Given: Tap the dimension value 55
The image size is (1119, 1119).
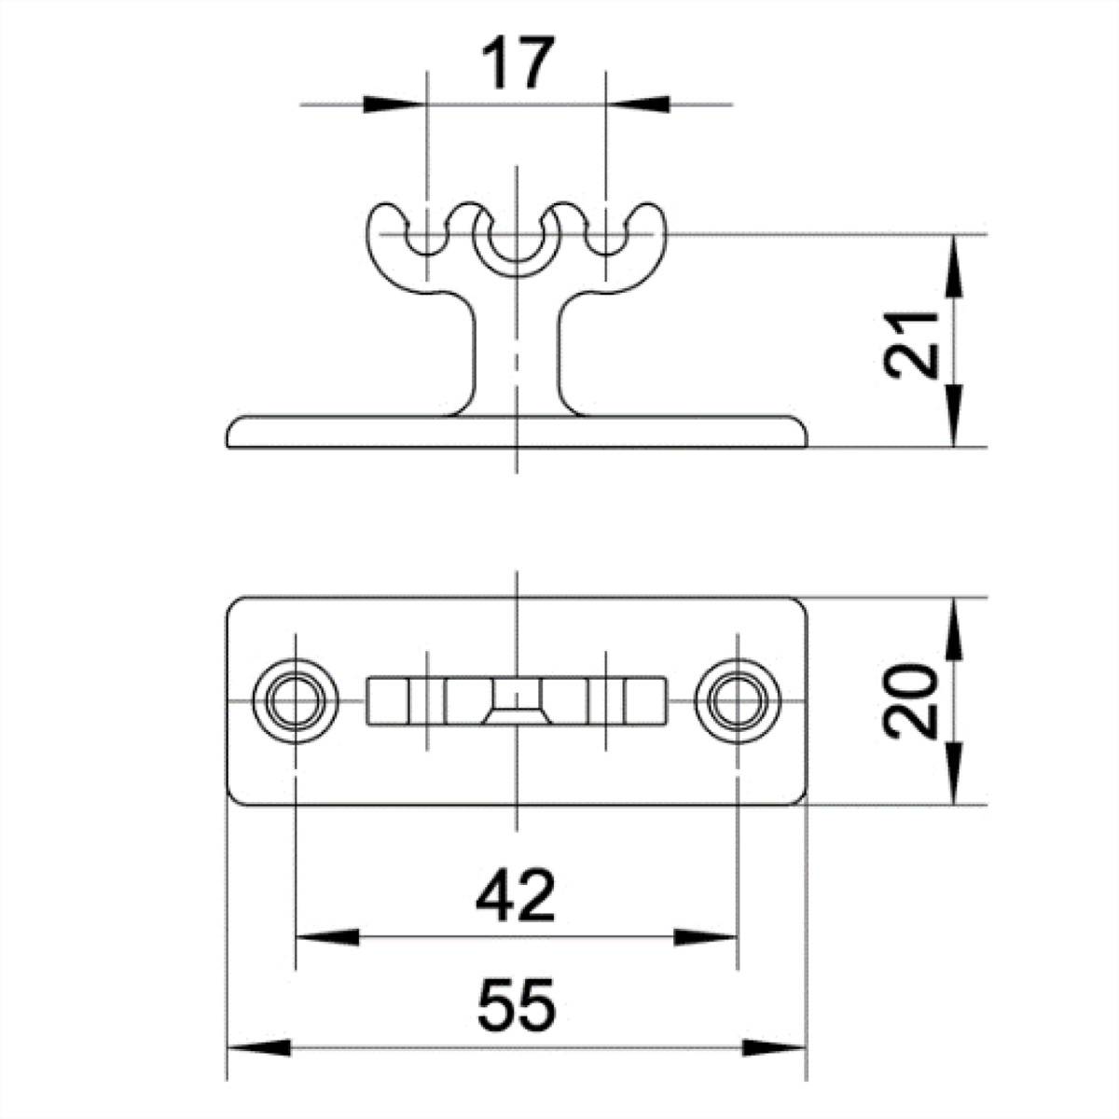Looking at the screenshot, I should (x=516, y=1005).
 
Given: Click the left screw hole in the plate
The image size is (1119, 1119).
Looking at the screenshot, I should (x=296, y=700).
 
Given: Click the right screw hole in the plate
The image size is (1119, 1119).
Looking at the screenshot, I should (x=738, y=700).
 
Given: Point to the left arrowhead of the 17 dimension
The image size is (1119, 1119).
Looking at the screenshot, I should (x=394, y=104).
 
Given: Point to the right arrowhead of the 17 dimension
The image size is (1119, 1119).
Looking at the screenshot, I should (x=637, y=104).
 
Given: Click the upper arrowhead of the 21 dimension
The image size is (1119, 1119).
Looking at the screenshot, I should (x=954, y=267).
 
